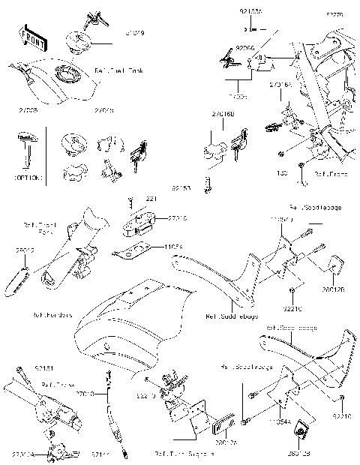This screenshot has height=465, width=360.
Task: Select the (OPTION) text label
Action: point(28,177)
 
